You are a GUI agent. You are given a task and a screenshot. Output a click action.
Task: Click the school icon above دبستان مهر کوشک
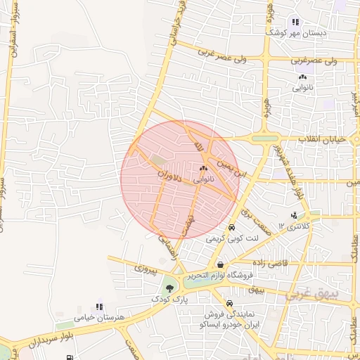[295, 22]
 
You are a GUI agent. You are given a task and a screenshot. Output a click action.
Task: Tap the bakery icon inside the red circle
[204, 169]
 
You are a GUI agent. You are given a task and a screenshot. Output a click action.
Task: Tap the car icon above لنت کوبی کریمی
[231, 228]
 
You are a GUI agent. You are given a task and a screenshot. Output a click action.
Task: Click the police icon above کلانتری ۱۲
[294, 215]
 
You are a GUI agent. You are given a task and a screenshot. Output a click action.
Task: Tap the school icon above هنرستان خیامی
[99, 307]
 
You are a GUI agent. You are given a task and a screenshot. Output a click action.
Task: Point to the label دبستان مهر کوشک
[296, 33]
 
